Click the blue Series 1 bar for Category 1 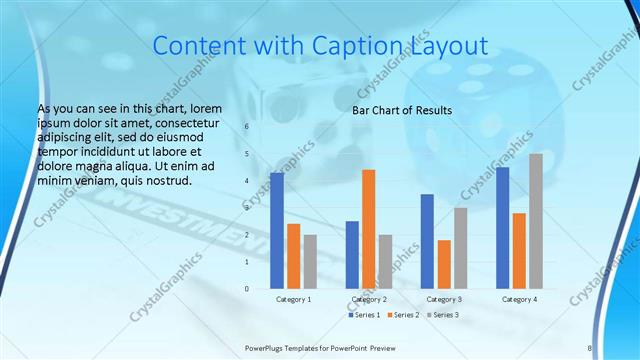[x=277, y=231]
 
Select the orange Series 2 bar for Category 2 [x=368, y=229]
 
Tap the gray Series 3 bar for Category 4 [x=536, y=221]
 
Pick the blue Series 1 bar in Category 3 [x=427, y=241]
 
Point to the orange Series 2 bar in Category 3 [x=444, y=264]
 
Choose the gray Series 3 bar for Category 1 [x=311, y=262]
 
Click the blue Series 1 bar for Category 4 [x=503, y=228]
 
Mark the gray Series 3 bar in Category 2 [x=385, y=262]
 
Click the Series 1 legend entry [x=365, y=316]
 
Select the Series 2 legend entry [x=403, y=316]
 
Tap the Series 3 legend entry [x=443, y=316]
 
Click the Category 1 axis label [x=294, y=299]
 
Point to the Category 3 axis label [x=444, y=299]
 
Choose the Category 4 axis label [x=519, y=299]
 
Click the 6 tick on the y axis [x=246, y=127]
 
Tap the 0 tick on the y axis [x=246, y=289]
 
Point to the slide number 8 [x=590, y=348]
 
